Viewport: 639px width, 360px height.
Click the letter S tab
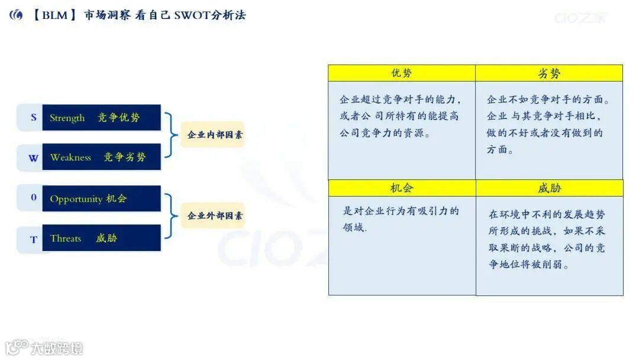click(33, 117)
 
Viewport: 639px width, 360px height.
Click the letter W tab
click(33, 158)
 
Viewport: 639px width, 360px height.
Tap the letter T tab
click(33, 239)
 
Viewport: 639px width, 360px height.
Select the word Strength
click(67, 118)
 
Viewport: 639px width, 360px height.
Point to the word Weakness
click(70, 157)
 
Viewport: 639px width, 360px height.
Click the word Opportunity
click(76, 199)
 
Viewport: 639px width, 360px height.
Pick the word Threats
click(66, 238)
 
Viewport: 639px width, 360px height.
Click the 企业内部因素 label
click(214, 134)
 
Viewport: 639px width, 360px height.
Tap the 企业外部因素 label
click(214, 216)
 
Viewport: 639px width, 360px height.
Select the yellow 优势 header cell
click(402, 73)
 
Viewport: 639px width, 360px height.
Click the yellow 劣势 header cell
click(549, 73)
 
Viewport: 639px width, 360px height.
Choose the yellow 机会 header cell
click(402, 188)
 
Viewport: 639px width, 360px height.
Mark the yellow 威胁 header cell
click(549, 188)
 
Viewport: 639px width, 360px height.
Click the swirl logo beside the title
click(16, 15)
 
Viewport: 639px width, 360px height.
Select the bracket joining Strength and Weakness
click(171, 135)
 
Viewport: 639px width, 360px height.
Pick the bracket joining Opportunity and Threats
click(171, 216)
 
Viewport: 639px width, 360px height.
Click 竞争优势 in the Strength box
click(119, 118)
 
